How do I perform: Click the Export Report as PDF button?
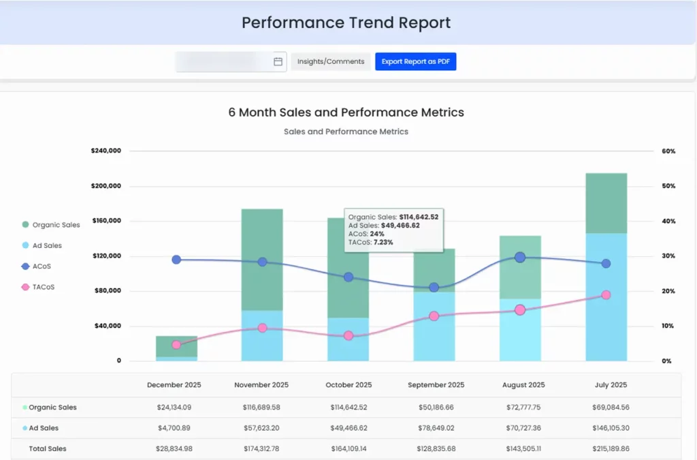click(415, 61)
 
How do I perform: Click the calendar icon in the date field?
click(278, 61)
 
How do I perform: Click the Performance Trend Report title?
click(346, 22)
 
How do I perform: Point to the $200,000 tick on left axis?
click(106, 186)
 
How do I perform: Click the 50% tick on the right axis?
click(668, 186)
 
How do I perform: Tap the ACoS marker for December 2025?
click(176, 260)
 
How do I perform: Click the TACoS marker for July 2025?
click(606, 295)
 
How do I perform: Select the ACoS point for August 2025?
click(520, 257)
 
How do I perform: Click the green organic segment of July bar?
click(606, 203)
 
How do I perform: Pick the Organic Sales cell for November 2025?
click(261, 408)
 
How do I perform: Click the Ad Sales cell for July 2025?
click(610, 428)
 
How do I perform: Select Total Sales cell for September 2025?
click(436, 449)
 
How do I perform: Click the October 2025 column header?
click(348, 385)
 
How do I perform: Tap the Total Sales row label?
click(47, 449)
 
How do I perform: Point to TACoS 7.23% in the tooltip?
click(370, 242)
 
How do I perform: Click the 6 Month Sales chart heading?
click(346, 112)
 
